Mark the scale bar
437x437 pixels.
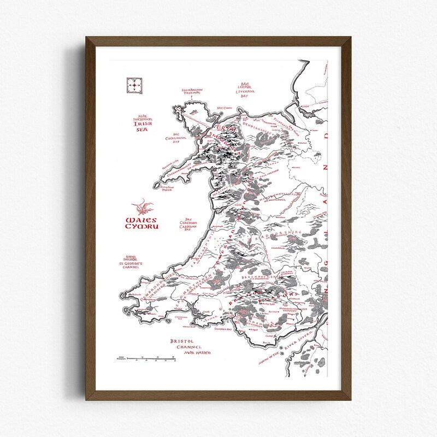pyautogui.click(x=146, y=358)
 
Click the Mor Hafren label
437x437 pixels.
pyautogui.click(x=197, y=353)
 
